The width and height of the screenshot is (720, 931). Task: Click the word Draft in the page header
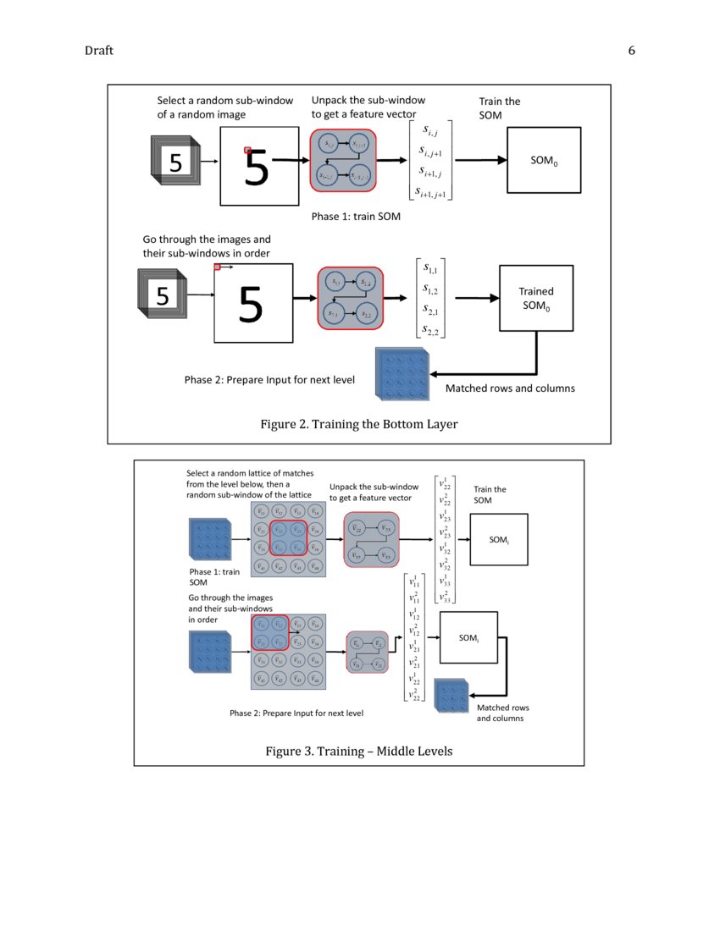(98, 51)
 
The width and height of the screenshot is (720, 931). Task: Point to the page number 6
(631, 51)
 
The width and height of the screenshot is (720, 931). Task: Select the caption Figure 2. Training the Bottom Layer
(358, 424)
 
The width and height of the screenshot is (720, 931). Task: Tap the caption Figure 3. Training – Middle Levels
(358, 751)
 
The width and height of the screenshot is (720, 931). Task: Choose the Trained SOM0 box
(535, 300)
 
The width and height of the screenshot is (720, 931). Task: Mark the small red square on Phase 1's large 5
(248, 151)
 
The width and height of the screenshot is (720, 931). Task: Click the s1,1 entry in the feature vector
(429, 270)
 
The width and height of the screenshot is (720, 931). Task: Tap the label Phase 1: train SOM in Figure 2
(356, 217)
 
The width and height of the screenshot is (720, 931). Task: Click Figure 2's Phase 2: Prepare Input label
(269, 380)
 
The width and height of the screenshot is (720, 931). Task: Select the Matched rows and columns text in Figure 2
(510, 388)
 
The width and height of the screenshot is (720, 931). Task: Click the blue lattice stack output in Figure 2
(402, 373)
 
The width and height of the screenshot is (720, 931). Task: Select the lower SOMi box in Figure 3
(468, 637)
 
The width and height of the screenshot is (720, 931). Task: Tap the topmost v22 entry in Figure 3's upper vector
(445, 485)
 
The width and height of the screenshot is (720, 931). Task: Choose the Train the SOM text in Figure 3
(490, 494)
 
